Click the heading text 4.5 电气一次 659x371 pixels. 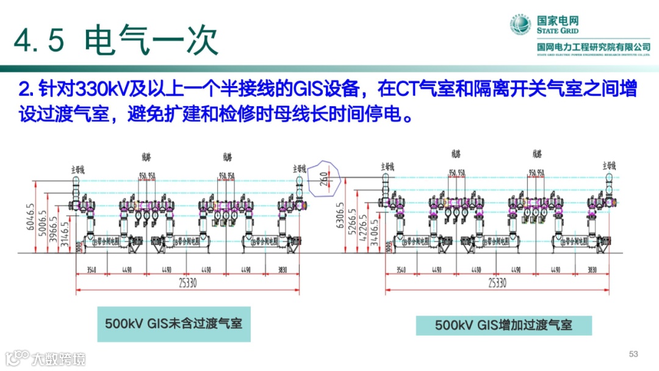[x=116, y=40]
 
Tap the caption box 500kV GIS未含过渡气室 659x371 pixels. [x=174, y=322]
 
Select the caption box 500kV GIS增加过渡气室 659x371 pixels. [x=503, y=325]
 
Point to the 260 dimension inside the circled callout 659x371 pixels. [x=323, y=178]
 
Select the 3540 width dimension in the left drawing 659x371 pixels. [x=92, y=269]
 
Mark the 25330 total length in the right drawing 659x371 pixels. [x=497, y=283]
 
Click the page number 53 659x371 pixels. [x=633, y=355]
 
